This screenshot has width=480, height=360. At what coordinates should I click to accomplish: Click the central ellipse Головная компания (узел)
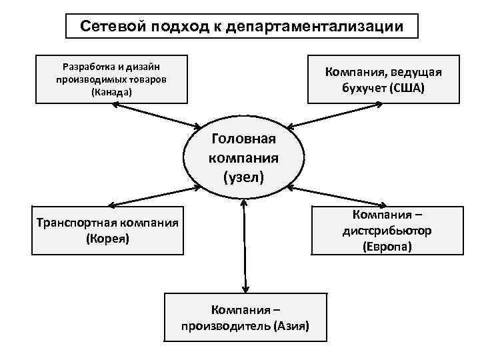(243, 158)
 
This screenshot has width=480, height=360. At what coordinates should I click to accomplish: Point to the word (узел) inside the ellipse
(243, 177)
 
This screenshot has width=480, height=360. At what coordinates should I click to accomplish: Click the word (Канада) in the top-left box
(111, 92)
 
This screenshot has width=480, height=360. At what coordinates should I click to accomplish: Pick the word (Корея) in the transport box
(107, 238)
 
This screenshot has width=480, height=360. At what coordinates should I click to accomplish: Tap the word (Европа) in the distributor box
(387, 247)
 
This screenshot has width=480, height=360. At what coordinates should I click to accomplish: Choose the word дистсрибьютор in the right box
(387, 231)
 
